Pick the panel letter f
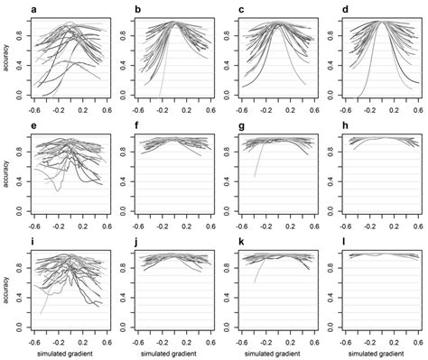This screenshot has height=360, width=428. tap(136, 126)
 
